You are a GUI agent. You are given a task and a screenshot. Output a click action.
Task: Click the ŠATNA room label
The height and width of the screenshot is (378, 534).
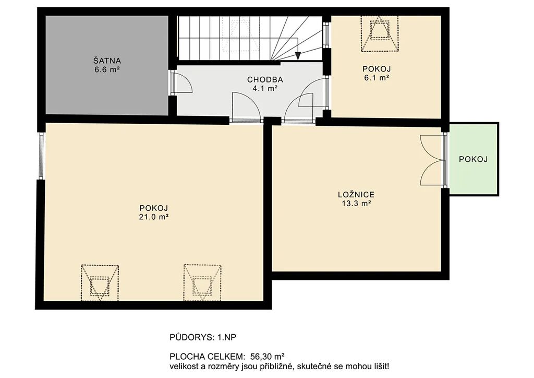click(107, 61)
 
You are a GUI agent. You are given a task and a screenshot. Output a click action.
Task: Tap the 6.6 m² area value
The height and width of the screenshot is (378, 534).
click(107, 69)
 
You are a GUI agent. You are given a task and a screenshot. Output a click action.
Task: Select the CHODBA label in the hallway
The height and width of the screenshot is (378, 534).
click(265, 80)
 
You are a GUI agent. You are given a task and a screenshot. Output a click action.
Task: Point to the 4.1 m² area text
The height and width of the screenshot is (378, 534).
click(264, 88)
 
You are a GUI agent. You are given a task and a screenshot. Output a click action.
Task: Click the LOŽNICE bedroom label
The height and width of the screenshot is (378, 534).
click(356, 195)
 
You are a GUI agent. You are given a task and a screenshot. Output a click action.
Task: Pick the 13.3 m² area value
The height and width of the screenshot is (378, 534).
click(356, 204)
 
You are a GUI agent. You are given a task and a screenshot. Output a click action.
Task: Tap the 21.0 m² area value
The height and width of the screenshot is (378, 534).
click(154, 217)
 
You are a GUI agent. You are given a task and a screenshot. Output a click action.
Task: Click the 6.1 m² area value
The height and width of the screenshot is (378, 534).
click(377, 77)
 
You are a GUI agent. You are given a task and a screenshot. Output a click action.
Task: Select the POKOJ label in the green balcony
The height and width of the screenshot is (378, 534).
click(474, 159)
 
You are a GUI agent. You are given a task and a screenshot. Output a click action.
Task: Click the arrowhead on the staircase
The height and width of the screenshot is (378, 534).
click(298, 56)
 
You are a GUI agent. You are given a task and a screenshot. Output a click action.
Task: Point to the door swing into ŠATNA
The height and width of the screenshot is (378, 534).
click(182, 82)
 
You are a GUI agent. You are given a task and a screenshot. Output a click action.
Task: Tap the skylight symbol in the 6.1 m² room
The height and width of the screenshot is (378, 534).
click(380, 34)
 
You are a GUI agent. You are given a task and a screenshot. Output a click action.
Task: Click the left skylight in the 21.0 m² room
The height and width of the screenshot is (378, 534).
click(100, 283)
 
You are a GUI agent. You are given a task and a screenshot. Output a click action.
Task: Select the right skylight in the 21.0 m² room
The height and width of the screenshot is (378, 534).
click(202, 283)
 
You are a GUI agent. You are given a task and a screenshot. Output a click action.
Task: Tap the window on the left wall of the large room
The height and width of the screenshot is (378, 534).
click(41, 156)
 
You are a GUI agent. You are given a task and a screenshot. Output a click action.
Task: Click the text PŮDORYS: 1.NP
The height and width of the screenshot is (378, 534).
click(203, 337)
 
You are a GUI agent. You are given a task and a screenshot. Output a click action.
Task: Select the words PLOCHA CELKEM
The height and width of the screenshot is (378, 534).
click(207, 357)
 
